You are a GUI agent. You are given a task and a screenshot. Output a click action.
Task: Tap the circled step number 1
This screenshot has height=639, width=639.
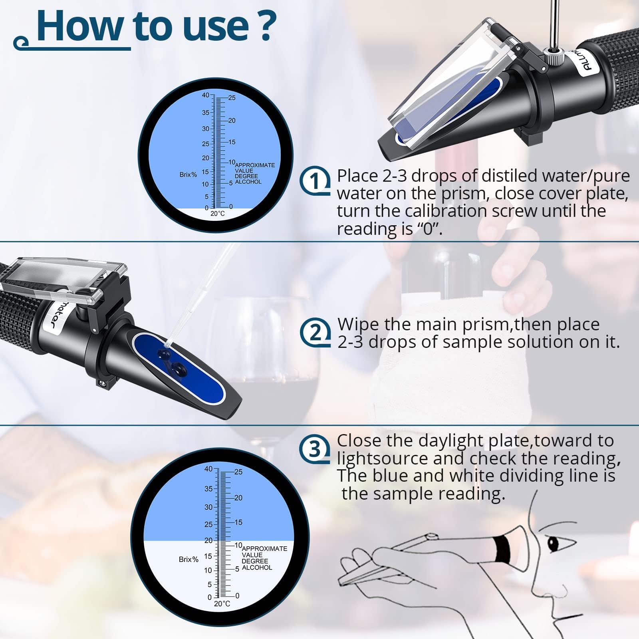tap(315, 182)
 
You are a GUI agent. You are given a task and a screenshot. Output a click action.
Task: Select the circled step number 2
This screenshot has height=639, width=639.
tap(315, 332)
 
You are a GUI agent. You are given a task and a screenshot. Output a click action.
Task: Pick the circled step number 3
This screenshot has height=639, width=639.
tap(315, 449)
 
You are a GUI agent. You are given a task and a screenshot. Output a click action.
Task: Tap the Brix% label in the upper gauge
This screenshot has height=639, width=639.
tap(188, 175)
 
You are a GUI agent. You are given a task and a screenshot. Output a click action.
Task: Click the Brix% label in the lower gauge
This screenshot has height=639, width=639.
tap(189, 560)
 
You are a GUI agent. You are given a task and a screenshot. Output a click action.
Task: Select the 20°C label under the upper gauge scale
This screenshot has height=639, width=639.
tap(218, 214)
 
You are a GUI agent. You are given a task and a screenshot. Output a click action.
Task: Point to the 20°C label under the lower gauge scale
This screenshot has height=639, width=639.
tap(222, 603)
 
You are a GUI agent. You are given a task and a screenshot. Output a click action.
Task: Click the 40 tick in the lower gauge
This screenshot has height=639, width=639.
tap(208, 469)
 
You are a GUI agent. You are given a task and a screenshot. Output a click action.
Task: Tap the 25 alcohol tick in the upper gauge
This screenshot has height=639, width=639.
tap(232, 98)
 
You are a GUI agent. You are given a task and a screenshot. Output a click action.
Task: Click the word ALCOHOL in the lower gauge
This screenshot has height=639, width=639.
tap(257, 568)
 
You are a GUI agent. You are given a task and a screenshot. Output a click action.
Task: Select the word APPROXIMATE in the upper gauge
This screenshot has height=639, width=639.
tap(255, 165)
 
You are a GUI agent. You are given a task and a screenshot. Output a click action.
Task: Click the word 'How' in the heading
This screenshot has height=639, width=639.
tap(80, 26)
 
